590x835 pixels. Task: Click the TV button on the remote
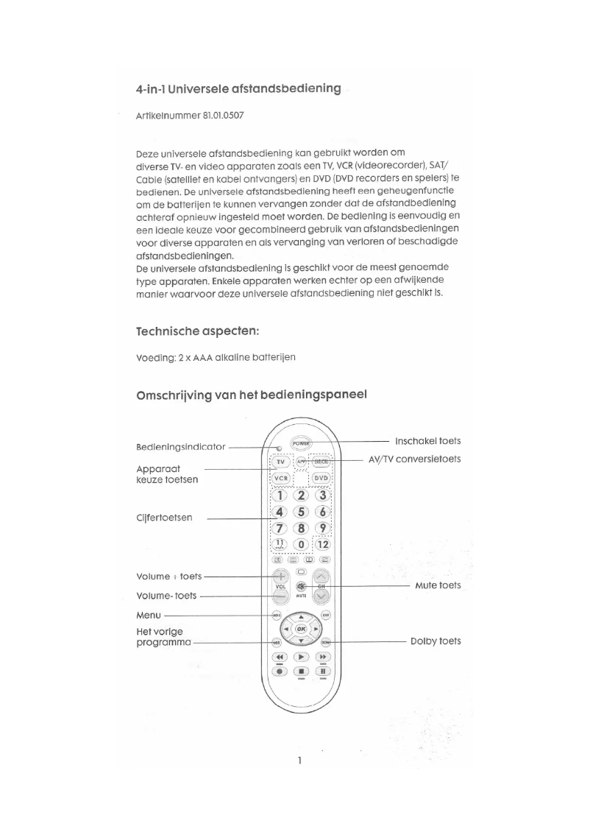[x=280, y=462]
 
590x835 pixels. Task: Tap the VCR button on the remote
[x=280, y=478]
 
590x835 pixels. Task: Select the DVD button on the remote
[x=321, y=478]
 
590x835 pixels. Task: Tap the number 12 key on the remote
[x=322, y=544]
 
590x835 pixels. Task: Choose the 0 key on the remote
[x=301, y=544]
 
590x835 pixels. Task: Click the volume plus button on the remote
[x=280, y=577]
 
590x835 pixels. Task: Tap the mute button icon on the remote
[x=301, y=586]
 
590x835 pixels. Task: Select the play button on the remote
[x=301, y=656]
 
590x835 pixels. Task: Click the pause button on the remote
[x=322, y=671]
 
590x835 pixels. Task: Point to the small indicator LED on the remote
[x=280, y=447]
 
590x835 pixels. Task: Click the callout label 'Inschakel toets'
[x=427, y=441]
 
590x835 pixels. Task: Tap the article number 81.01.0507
[x=238, y=116]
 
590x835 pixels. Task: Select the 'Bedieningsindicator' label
[x=180, y=447]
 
